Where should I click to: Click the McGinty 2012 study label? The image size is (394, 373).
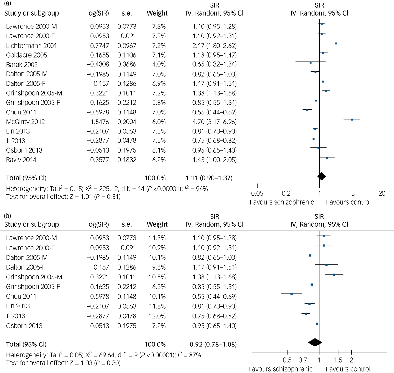[25, 122]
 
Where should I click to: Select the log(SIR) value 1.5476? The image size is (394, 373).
[99, 122]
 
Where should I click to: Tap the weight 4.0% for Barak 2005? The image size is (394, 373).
[159, 64]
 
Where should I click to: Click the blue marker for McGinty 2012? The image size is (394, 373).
[352, 120]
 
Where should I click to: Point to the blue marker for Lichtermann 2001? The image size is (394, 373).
[335, 43]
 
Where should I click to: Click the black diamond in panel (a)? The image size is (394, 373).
[321, 176]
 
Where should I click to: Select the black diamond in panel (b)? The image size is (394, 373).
[315, 342]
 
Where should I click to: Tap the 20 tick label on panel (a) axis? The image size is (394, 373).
[382, 193]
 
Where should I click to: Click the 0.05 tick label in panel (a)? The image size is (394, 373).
[257, 193]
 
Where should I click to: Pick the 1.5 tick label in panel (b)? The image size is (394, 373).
[338, 360]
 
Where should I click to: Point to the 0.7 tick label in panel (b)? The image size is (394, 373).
[303, 360]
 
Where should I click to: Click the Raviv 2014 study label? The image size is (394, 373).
[21, 160]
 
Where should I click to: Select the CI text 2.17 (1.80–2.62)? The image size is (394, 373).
[214, 46]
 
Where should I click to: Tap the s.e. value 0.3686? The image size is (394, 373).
[127, 64]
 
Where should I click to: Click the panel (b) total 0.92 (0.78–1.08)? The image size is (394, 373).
[213, 344]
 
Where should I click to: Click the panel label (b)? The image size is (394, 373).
[8, 216]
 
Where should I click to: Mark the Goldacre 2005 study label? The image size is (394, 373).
[26, 55]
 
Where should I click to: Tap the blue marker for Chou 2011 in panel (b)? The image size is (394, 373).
[292, 294]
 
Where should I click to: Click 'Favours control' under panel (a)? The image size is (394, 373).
[348, 202]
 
